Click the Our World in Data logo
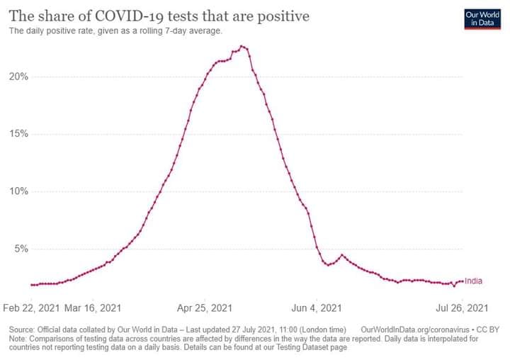point(482,19)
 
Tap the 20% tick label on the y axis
point(19,77)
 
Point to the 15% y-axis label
point(19,134)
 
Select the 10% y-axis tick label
point(19,191)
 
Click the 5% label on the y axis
point(21,249)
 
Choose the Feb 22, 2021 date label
point(31,308)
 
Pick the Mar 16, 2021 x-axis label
point(93,308)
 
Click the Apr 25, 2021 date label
point(205,308)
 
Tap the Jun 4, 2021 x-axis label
point(316,308)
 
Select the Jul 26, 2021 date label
point(462,308)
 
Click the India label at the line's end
point(473,281)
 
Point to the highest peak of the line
point(242,47)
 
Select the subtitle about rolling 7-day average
point(115,31)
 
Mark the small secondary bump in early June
point(342,255)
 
